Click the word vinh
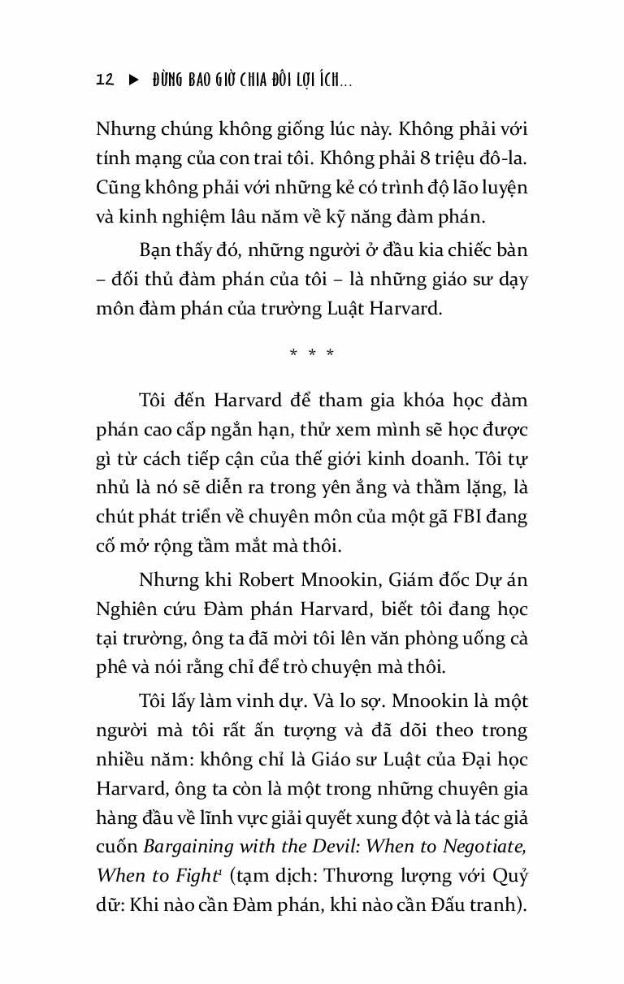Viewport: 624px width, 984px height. point(274,701)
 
